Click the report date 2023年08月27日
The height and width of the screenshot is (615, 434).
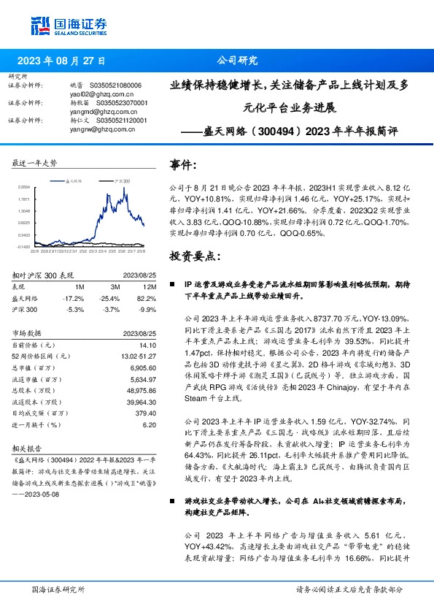coord(61,61)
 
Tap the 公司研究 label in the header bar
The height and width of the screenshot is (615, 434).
coord(237,61)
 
